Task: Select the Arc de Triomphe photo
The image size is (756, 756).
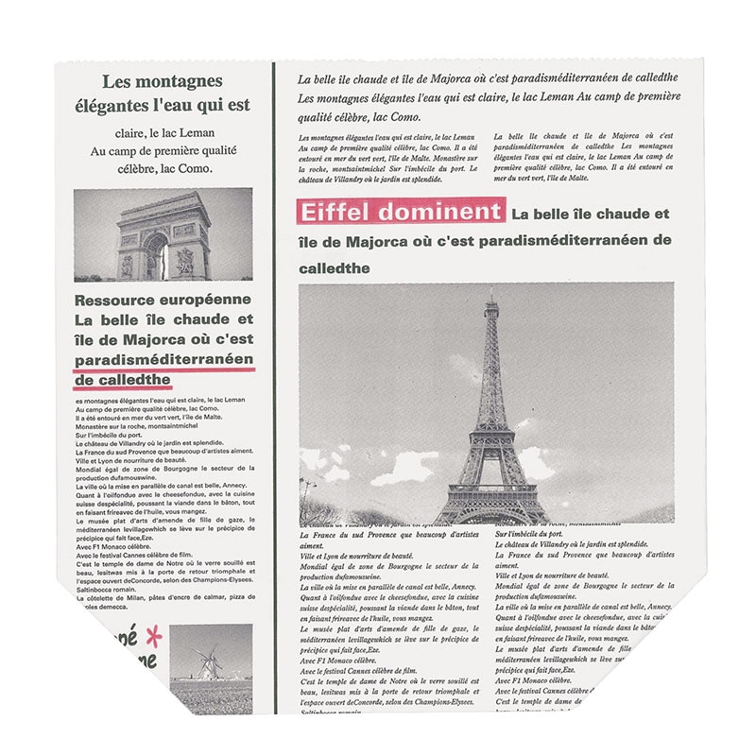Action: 163,234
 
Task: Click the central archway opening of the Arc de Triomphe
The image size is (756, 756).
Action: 155,257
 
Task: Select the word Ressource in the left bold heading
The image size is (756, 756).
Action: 114,301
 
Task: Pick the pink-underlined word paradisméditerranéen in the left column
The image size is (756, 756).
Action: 163,360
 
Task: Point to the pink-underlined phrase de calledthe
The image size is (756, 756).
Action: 122,380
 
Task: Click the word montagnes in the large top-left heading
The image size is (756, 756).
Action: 178,80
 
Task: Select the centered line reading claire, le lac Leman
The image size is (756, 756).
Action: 163,133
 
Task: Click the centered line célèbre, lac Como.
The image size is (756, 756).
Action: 163,168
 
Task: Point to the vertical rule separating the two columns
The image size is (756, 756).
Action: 274,378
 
